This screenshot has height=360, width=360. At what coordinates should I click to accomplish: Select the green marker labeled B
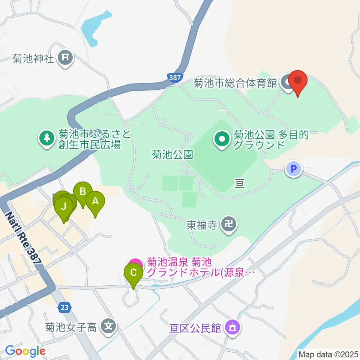(82, 192)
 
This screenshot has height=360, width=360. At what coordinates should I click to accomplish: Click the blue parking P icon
(294, 169)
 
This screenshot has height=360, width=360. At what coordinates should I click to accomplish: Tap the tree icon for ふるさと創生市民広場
(46, 138)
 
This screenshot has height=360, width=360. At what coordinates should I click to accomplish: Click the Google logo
(25, 351)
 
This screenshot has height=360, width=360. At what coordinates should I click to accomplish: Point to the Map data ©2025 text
(328, 354)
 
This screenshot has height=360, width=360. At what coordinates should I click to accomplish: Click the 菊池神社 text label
(33, 59)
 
